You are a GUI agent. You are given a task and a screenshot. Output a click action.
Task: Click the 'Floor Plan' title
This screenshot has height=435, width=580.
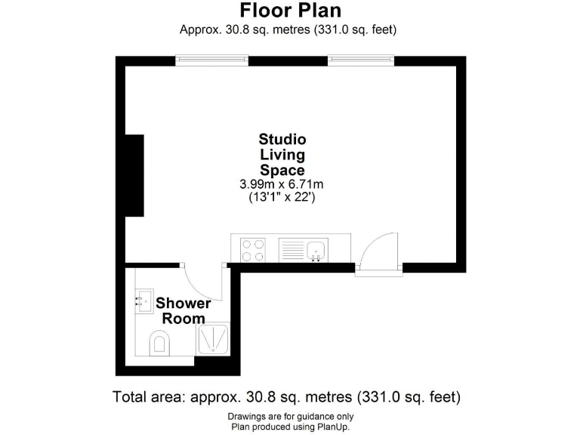pos(290,11)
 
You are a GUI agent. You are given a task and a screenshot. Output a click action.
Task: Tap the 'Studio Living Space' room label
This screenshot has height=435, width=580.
pos(282,155)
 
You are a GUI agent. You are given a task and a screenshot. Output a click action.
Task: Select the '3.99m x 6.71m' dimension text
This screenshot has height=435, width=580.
pos(282,184)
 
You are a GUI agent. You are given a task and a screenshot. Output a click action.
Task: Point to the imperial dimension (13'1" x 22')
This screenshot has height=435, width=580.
pos(282,198)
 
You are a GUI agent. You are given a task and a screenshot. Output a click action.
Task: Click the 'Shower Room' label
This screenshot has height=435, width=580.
pos(184,310)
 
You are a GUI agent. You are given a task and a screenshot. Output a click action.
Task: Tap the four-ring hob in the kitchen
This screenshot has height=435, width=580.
pos(252,249)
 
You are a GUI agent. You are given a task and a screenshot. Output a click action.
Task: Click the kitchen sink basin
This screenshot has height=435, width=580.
pos(318,249)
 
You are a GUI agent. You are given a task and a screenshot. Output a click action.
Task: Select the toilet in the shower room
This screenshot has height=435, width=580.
pos(160,344)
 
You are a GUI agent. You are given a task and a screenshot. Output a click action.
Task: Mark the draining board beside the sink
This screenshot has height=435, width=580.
pos(292,249)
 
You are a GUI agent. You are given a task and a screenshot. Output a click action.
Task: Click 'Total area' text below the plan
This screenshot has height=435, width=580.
pos(286,396)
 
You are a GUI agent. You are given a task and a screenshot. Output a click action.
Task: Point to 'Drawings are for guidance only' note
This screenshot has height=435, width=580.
pos(290,417)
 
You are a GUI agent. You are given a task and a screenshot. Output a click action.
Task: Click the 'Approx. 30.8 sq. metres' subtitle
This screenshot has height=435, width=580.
pos(288,30)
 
